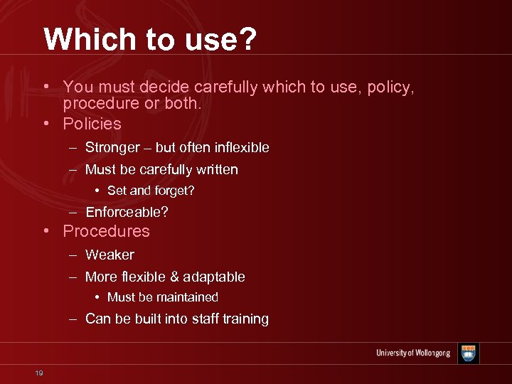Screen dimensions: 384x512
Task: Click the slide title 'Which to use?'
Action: click(x=149, y=39)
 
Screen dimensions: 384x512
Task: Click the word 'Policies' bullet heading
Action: click(x=92, y=124)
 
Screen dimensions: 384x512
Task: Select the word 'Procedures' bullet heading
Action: click(x=106, y=231)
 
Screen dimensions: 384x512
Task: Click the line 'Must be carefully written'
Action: click(x=161, y=169)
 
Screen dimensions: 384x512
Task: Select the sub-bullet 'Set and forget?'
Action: click(x=151, y=191)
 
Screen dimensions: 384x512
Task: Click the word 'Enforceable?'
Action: click(x=127, y=212)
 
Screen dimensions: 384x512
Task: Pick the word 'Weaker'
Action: click(x=110, y=255)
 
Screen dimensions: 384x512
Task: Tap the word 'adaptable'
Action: click(x=215, y=277)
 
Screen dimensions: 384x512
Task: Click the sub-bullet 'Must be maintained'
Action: click(x=162, y=297)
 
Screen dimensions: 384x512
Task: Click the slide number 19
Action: click(x=38, y=373)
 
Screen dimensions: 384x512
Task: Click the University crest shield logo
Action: click(x=468, y=353)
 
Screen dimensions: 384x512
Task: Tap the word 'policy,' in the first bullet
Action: click(x=390, y=87)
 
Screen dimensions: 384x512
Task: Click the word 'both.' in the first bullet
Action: click(x=183, y=104)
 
